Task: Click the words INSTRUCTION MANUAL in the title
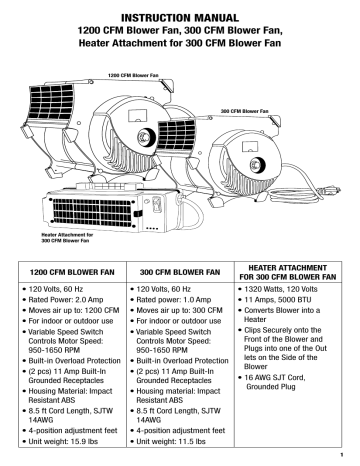[x=179, y=17]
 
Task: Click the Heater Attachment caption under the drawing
[x=57, y=238]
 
